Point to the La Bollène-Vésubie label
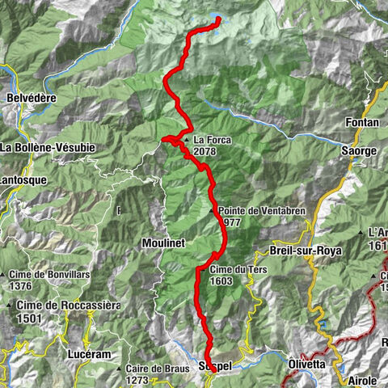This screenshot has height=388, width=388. click(x=48, y=148)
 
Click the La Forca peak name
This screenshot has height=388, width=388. click(x=213, y=140)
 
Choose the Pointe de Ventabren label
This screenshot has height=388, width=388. click(x=251, y=210)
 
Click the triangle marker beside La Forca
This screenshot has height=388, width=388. click(x=187, y=140)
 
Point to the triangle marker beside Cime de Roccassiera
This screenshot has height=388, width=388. click(x=9, y=305)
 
